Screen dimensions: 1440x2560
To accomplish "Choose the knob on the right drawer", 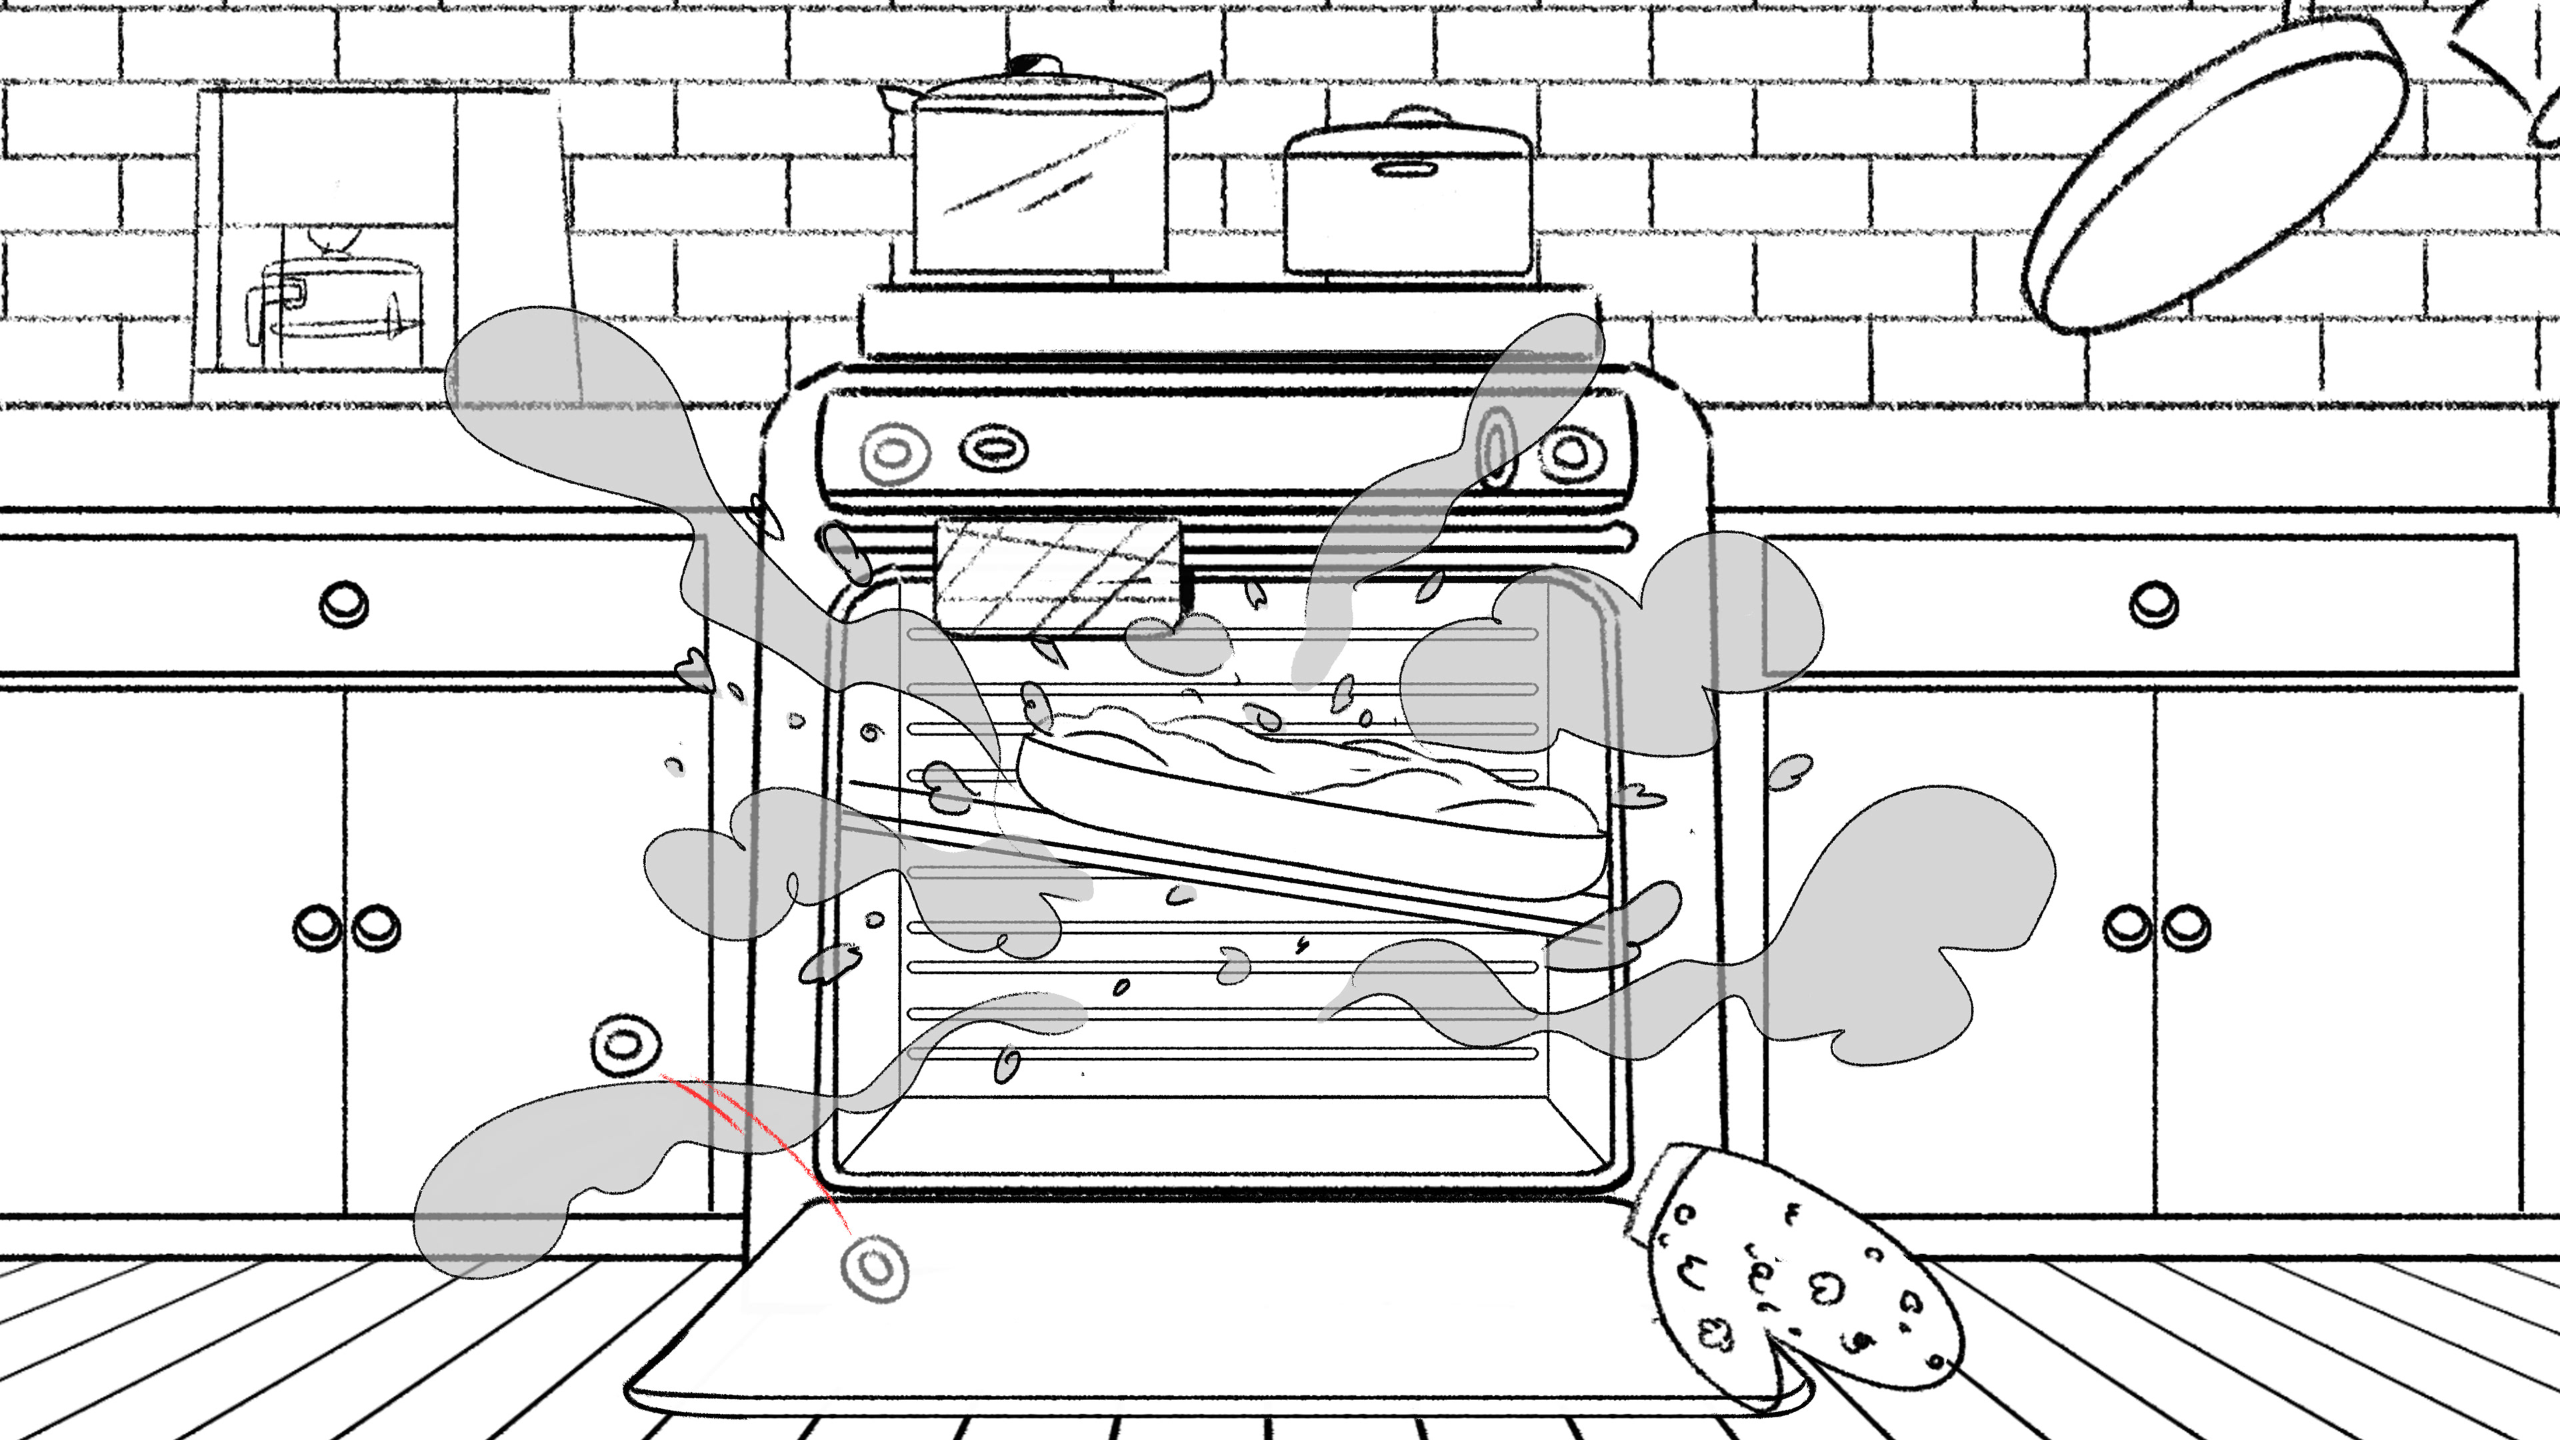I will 2153,603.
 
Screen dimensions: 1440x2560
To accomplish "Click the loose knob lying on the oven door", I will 875,1268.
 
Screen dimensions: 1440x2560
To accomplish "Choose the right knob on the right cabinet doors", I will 2187,928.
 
